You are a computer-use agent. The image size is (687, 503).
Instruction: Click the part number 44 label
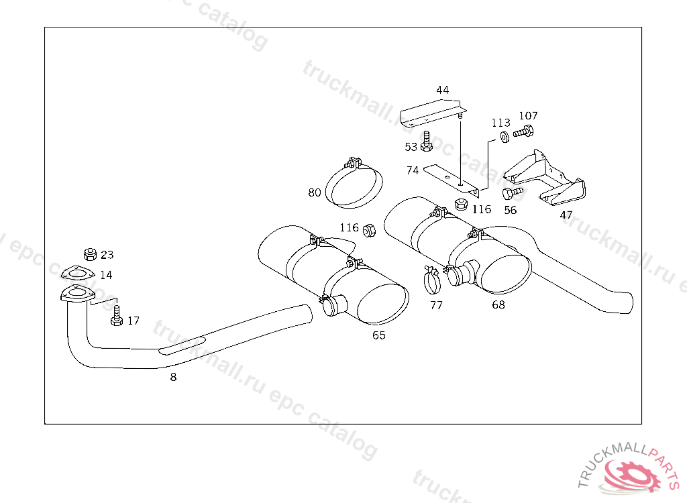coord(442,90)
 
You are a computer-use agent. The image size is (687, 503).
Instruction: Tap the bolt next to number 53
coord(427,141)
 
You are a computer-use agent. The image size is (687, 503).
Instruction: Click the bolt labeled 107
coord(524,131)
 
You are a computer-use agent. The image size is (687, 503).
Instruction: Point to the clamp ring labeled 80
coord(355,184)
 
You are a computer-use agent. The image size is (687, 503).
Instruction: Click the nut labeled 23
coord(89,254)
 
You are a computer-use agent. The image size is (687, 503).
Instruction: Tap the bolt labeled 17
coord(116,316)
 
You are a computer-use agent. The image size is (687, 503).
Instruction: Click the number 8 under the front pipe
coord(173,378)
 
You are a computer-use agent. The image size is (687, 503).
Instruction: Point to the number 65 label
coord(379,335)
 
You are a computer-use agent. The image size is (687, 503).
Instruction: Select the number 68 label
coord(498,305)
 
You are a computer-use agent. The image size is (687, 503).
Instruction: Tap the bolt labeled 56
coord(512,193)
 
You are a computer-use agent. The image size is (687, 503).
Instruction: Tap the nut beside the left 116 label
coord(368,231)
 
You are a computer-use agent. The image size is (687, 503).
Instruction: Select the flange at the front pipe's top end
coord(75,295)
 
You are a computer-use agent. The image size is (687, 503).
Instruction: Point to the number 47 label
coord(566,215)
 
